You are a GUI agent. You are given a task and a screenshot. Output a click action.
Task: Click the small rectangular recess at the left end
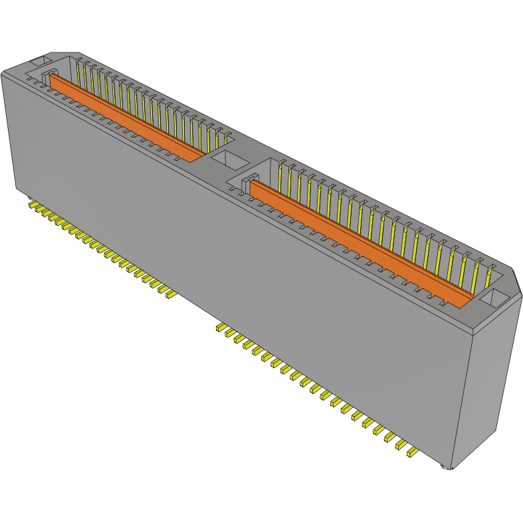click(41, 60)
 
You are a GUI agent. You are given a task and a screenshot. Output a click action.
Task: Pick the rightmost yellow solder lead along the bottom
click(413, 453)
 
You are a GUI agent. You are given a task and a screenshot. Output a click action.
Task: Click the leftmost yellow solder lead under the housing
click(32, 205)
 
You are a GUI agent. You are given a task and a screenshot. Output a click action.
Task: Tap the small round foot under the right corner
click(447, 467)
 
